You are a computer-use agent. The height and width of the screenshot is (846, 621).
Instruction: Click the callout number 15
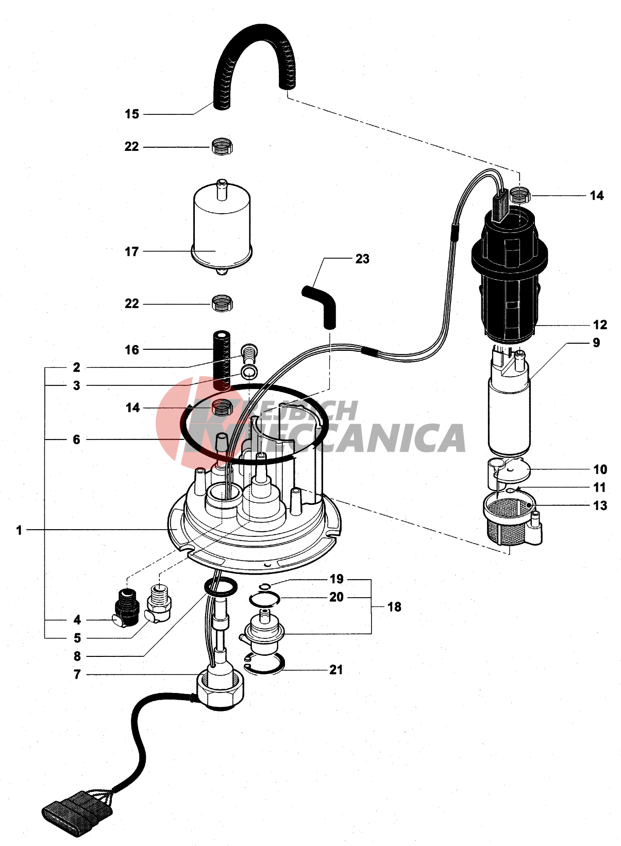(x=132, y=114)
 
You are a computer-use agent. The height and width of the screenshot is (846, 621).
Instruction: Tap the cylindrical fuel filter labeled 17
(x=222, y=227)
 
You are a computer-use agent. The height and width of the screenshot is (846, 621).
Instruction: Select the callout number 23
(x=362, y=259)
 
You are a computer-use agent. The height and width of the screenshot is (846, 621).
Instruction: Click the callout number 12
(x=600, y=325)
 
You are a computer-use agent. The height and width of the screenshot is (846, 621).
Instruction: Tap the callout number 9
(x=596, y=343)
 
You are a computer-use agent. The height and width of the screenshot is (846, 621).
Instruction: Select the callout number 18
(x=394, y=607)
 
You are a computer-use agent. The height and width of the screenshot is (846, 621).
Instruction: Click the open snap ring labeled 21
(x=265, y=665)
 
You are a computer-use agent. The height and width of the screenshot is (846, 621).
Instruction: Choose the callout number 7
(x=77, y=674)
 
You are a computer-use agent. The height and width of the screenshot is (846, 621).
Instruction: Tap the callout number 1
(x=20, y=530)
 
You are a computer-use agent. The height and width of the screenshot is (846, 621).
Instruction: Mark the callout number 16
(x=132, y=349)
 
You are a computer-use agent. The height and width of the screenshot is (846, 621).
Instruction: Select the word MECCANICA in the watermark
(x=330, y=438)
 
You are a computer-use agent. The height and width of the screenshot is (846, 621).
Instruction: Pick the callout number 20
(x=337, y=597)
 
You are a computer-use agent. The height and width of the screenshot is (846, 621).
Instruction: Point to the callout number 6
(x=77, y=439)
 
